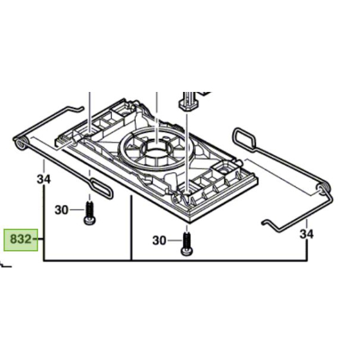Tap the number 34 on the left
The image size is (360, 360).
43,179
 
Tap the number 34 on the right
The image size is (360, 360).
307,235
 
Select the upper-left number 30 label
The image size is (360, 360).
60,209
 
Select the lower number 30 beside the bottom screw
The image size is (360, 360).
158,240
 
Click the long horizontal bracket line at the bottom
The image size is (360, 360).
174,260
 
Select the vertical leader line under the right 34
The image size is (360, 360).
307,251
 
